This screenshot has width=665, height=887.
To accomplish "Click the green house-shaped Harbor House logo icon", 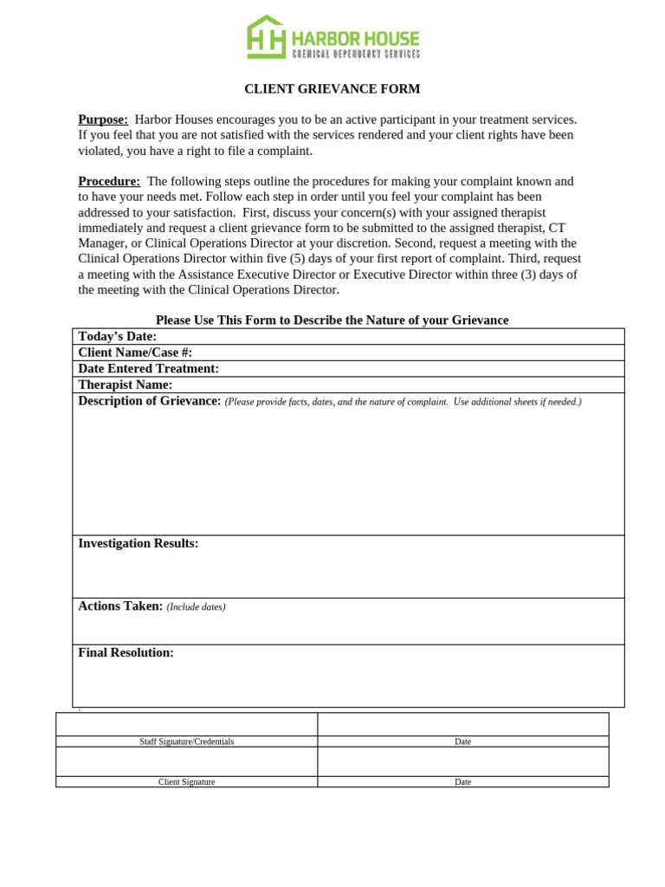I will click(x=266, y=37).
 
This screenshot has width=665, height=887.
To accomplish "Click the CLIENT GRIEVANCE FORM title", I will click(x=332, y=89).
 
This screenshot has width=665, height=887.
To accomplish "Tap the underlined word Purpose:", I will click(x=103, y=120).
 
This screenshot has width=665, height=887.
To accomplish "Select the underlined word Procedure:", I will click(x=109, y=181).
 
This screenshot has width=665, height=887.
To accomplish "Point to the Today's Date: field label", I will click(x=117, y=336).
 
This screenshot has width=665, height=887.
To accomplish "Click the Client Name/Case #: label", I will click(x=135, y=353).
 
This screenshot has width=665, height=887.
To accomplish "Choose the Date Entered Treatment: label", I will click(x=148, y=368).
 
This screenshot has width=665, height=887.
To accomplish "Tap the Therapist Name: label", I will click(x=125, y=385).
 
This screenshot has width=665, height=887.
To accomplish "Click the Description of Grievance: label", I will click(x=150, y=401).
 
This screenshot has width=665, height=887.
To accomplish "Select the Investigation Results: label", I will click(x=139, y=543).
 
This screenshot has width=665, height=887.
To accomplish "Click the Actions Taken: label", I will click(x=120, y=606).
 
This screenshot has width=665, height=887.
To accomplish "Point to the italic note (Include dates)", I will click(x=196, y=607).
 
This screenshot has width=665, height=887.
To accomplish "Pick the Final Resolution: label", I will click(x=126, y=652).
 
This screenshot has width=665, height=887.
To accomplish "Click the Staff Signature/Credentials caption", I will click(x=186, y=741).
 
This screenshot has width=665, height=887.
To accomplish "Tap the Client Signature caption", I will click(x=186, y=782).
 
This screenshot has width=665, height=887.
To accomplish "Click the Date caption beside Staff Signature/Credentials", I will click(x=462, y=741).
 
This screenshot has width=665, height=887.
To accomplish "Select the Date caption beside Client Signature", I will click(x=462, y=782).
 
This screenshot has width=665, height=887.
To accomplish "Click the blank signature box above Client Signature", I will click(x=186, y=761).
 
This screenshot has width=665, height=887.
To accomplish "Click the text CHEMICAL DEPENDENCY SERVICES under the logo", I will click(x=356, y=55).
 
